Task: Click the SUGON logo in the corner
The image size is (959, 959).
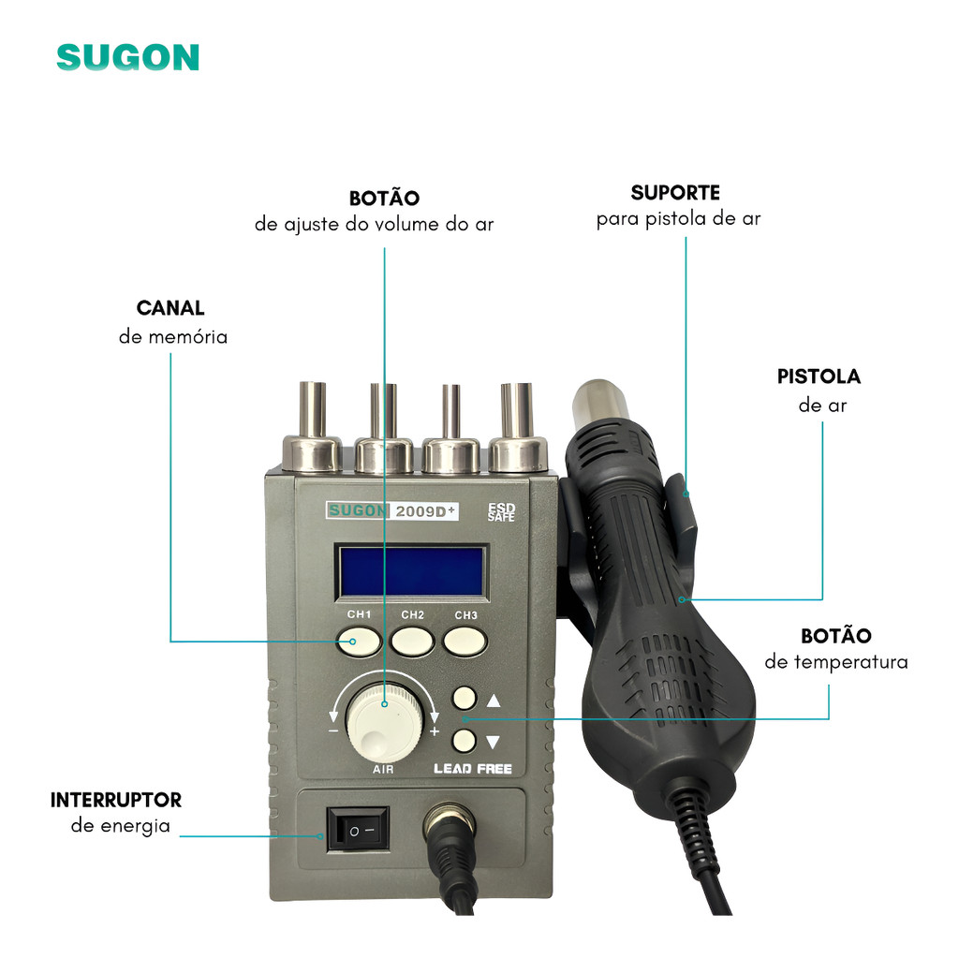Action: (127, 57)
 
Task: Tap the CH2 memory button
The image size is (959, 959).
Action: (413, 641)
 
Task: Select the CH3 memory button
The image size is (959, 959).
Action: (465, 641)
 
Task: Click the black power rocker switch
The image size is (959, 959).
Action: (358, 830)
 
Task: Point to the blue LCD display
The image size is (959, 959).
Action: (413, 572)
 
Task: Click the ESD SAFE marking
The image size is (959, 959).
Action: (502, 512)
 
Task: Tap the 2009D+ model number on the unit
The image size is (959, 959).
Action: (425, 511)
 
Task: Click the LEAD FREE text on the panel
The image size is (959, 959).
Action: (473, 769)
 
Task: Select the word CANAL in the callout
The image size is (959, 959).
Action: (170, 307)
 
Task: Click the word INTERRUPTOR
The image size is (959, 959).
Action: (116, 800)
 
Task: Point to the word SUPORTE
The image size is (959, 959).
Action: (675, 193)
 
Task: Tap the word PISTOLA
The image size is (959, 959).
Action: (819, 376)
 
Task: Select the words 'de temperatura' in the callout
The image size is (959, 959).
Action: (836, 662)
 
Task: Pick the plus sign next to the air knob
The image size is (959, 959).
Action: (435, 731)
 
